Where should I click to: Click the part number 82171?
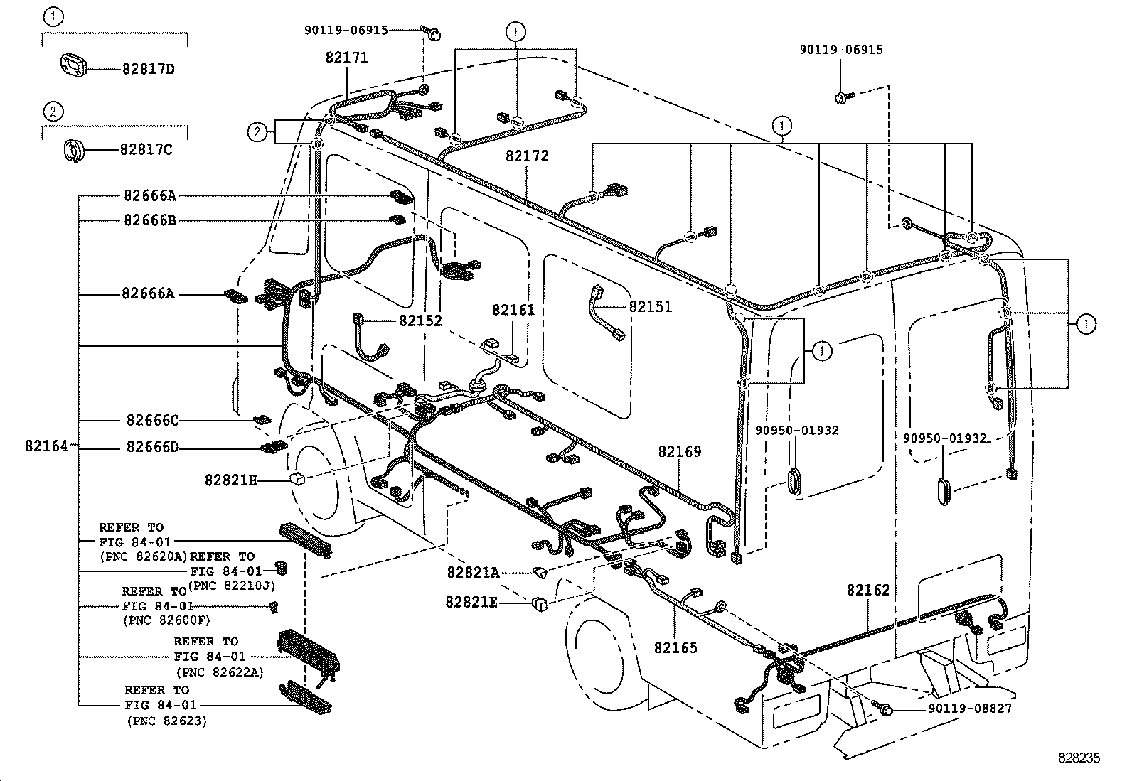click(347, 58)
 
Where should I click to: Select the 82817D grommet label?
click(148, 69)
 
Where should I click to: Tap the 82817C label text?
click(146, 150)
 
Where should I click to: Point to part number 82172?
click(527, 156)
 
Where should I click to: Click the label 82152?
click(420, 321)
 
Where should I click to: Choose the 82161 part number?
click(513, 310)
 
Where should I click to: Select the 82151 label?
click(650, 307)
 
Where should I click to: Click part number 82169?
click(679, 451)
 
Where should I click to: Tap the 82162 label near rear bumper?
click(867, 590)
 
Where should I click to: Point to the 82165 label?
click(676, 647)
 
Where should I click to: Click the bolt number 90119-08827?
click(969, 709)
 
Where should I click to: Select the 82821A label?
click(473, 572)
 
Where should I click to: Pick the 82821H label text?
click(230, 480)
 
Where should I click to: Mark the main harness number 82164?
click(46, 446)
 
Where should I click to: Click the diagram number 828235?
click(1078, 758)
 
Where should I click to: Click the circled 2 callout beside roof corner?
click(257, 131)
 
